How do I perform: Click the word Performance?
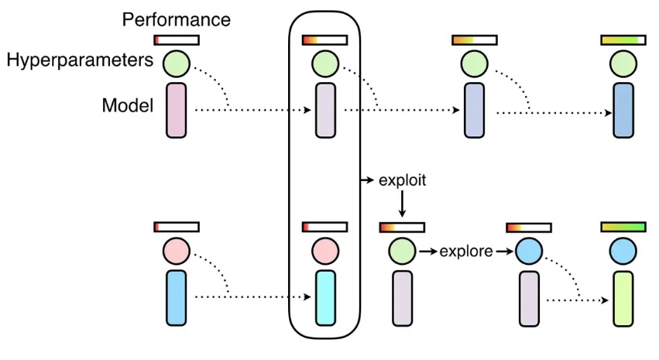[176, 18]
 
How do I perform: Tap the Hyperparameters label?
[81, 60]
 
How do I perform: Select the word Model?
[127, 105]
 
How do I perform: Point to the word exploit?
[403, 180]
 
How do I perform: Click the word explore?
[466, 252]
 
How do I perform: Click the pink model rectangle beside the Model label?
[177, 111]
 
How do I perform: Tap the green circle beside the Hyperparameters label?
[177, 63]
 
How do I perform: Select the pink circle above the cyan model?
[326, 251]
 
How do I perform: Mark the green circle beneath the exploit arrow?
[402, 251]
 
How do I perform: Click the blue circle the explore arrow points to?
[529, 251]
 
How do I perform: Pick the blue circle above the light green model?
[623, 251]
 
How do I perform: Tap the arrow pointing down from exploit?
[402, 204]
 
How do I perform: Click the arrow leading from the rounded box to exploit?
[367, 180]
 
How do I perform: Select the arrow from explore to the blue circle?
[504, 252]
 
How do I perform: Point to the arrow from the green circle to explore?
[427, 252]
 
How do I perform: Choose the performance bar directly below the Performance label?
[177, 39]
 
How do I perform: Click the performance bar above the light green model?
[623, 227]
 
